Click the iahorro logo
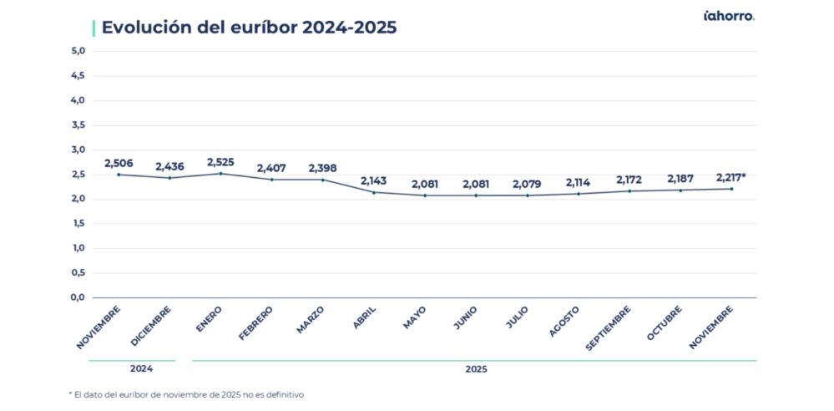(x=728, y=16)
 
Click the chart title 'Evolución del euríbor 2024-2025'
(x=248, y=28)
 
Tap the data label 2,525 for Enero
(x=220, y=161)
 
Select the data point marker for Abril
(x=374, y=193)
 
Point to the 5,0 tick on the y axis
(x=78, y=51)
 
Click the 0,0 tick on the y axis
(x=78, y=297)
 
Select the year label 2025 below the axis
(x=475, y=368)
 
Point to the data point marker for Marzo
(x=323, y=180)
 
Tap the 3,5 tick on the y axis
(x=78, y=125)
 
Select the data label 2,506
(x=119, y=163)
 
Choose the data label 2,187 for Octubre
(x=680, y=179)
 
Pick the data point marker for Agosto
(x=579, y=194)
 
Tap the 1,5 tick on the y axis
(x=78, y=224)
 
